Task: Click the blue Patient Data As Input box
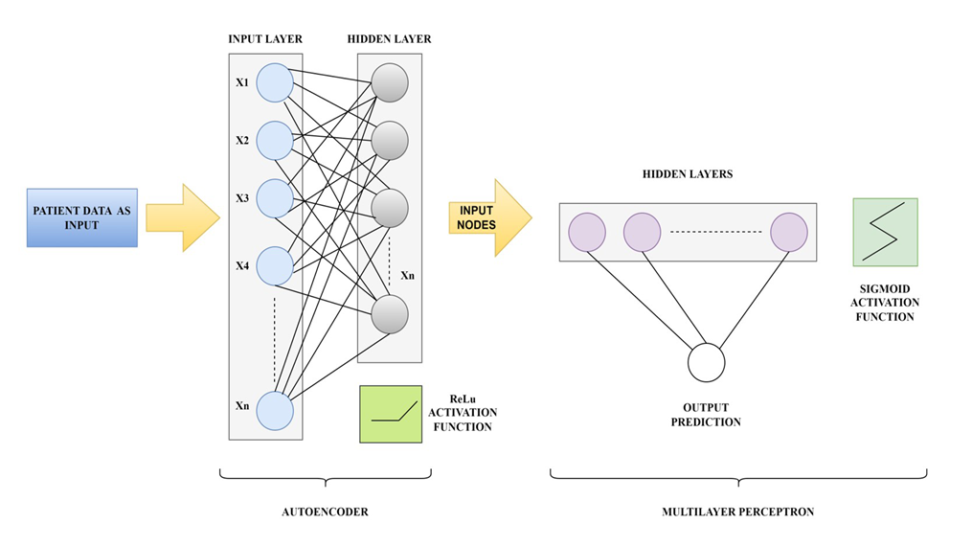[x=81, y=217]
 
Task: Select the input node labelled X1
[x=275, y=82]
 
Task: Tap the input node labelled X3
[x=275, y=198]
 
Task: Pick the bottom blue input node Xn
[x=275, y=411]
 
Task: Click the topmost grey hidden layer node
[x=390, y=81]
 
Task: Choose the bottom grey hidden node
[x=390, y=313]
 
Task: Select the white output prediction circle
[x=706, y=363]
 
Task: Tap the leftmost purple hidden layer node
[x=587, y=232]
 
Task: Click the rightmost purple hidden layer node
[x=789, y=232]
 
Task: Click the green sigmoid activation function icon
[x=885, y=232]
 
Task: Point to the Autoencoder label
[x=326, y=512]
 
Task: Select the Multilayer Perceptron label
[x=737, y=512]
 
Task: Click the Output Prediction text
[x=706, y=414]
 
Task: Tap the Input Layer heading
[x=265, y=39]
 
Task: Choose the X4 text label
[x=242, y=265]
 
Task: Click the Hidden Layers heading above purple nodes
[x=689, y=175]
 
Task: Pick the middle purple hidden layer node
[x=643, y=232]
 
